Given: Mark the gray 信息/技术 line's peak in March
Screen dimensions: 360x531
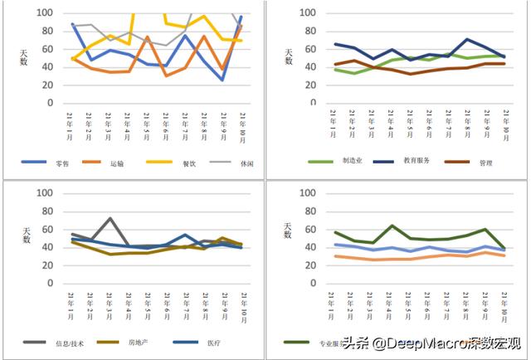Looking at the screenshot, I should [110, 218].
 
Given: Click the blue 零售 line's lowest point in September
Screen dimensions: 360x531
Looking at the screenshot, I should [222, 80].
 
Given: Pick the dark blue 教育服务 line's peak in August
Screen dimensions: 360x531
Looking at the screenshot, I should [468, 39].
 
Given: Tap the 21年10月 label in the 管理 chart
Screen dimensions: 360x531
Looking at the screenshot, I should [504, 122].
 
